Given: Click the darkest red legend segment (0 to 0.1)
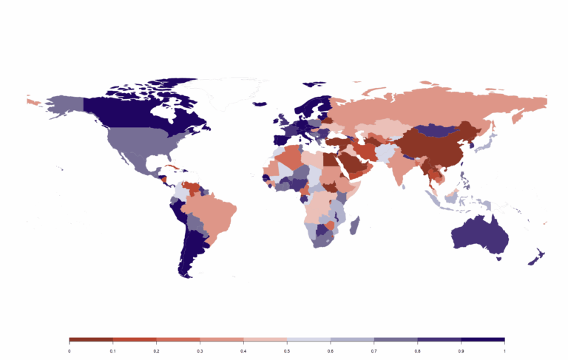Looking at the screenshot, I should pos(91,339).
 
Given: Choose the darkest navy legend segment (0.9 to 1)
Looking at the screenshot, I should pos(483,339).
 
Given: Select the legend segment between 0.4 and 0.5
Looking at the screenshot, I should pos(266,339).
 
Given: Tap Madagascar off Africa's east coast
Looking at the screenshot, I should pos(355,223).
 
